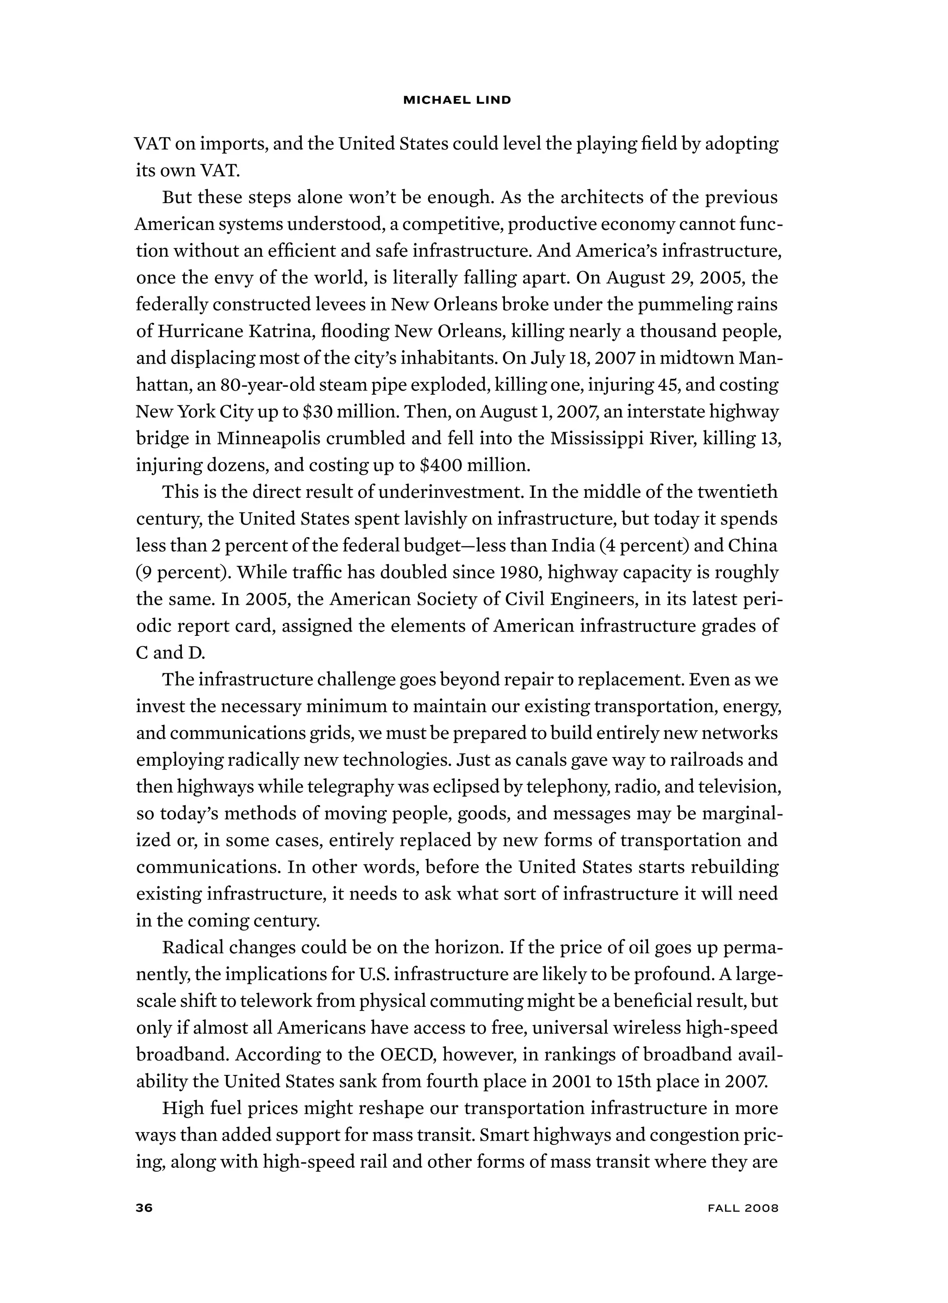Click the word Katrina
[281, 331]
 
